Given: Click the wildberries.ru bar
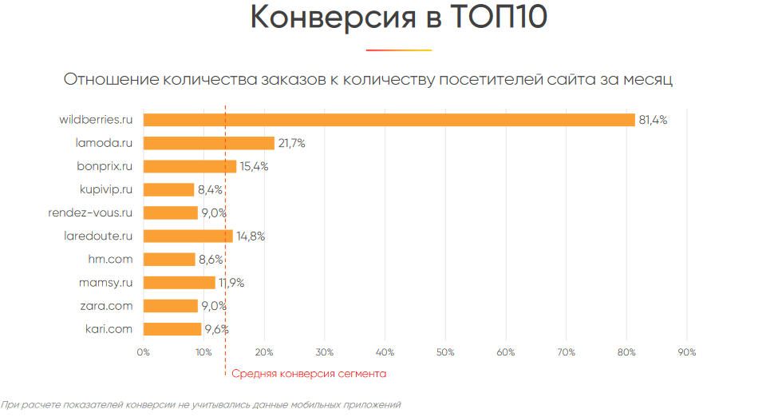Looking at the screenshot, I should pos(389,120).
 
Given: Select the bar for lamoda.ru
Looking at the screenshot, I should pos(209,143).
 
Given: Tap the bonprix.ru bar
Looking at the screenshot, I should pos(190,166).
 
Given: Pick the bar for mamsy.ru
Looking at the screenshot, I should pos(180,282).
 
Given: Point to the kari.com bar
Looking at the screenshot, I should pos(172,328).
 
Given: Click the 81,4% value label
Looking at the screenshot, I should pos(653,120).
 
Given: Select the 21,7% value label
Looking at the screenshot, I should pos(292,143).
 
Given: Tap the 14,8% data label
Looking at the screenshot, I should pos(251,236).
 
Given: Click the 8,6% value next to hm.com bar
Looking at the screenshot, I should pos(211,259).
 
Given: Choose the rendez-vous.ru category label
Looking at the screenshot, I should pos(89,212).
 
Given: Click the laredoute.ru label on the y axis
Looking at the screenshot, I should pos(97,236).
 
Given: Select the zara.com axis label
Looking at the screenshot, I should pos(106,305).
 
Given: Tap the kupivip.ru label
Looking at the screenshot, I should pos(105,189).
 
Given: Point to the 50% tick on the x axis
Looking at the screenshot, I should pos(445,352).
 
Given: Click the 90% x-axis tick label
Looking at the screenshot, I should pos(686,352).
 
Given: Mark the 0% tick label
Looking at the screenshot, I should pos(144,352).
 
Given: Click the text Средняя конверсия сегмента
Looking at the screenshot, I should pos(309,373).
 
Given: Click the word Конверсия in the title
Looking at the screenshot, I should pos(334,18).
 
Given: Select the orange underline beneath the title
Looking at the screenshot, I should pos(399,50).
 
